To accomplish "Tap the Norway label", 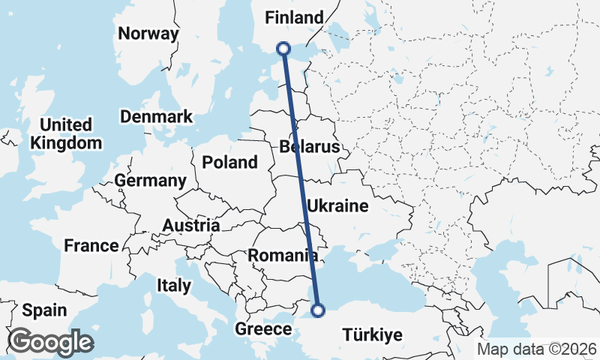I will pyautogui.click(x=148, y=34).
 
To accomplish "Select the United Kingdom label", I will pyautogui.click(x=67, y=133).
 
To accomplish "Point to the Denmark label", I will pyautogui.click(x=156, y=117).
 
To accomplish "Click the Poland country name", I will pyautogui.click(x=229, y=162).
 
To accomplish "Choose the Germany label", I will pyautogui.click(x=150, y=181).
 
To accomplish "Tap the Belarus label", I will pyautogui.click(x=309, y=146).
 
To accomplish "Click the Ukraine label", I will pyautogui.click(x=337, y=205).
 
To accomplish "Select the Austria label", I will pyautogui.click(x=191, y=225).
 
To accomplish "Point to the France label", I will pyautogui.click(x=91, y=245).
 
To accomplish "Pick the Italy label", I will pyautogui.click(x=173, y=285).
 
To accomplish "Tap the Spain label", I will pyautogui.click(x=44, y=310).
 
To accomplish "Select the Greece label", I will pyautogui.click(x=263, y=329).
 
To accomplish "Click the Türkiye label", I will pyautogui.click(x=372, y=334).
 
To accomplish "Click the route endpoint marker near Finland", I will pyautogui.click(x=283, y=48).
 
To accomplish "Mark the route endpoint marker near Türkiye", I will pyautogui.click(x=318, y=309).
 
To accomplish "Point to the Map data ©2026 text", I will pyautogui.click(x=536, y=349).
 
